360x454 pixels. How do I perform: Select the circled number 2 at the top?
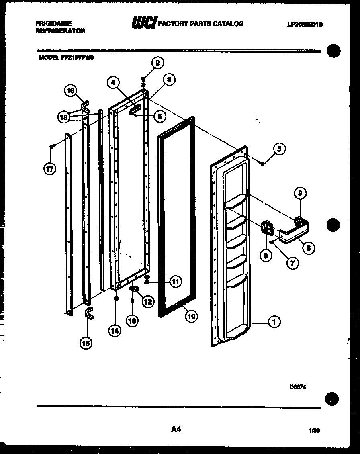click(x=157, y=63)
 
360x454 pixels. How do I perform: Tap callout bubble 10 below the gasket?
click(x=191, y=316)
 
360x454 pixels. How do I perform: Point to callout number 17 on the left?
click(x=49, y=169)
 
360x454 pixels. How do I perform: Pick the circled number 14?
click(x=115, y=331)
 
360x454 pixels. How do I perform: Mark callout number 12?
click(x=148, y=301)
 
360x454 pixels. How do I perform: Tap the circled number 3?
click(x=169, y=80)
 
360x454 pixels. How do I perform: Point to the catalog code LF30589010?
click(x=305, y=25)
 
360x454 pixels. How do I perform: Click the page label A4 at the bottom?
click(x=176, y=429)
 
